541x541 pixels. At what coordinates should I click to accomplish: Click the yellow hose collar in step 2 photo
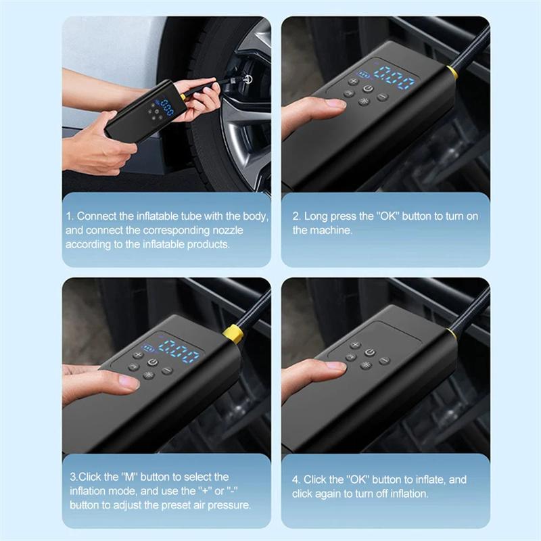[x=451, y=72]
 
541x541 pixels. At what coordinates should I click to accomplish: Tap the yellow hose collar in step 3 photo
[x=233, y=333]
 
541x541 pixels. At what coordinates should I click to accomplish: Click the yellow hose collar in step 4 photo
[x=451, y=333]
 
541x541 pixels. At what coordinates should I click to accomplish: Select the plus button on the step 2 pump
[x=352, y=80]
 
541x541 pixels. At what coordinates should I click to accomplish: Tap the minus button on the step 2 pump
[x=382, y=97]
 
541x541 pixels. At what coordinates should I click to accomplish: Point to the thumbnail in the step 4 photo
[x=335, y=366]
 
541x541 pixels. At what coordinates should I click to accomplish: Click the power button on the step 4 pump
[x=369, y=352]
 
